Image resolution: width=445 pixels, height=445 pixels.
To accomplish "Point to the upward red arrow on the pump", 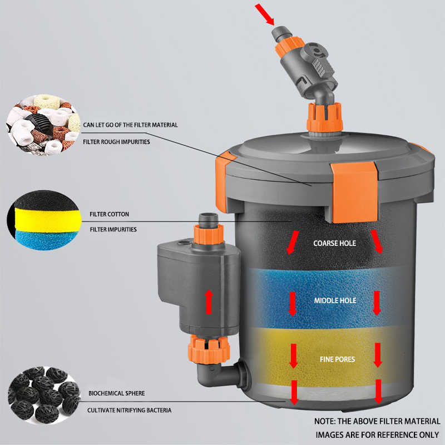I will pos(209,301).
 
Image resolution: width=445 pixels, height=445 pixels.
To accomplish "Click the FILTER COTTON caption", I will pos(109,214).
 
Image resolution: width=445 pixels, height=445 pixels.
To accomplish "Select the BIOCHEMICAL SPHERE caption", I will pos(116,393).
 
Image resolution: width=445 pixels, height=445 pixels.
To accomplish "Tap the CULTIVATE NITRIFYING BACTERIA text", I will pos(129,410).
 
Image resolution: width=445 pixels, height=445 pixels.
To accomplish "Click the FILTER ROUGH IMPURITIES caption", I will pos(116,142).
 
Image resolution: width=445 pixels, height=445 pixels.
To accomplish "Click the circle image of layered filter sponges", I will pos(37,221).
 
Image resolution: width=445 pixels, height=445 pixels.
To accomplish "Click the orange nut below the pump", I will pos(210,348).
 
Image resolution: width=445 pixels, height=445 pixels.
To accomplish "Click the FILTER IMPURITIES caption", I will pos(113,229).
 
